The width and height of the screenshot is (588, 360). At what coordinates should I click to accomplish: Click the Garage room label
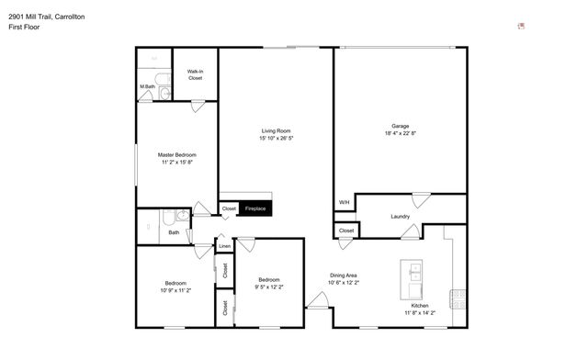point(400,126)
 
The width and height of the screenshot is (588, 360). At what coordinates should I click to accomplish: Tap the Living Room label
point(276,131)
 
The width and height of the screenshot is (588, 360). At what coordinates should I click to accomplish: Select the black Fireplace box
point(254,209)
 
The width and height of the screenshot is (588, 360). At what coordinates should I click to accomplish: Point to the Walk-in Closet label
point(195,74)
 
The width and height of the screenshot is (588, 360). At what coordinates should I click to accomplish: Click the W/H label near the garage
point(344,202)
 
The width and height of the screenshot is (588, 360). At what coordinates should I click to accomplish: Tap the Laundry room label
point(400,217)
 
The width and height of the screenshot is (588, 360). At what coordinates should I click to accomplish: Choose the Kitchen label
point(419,306)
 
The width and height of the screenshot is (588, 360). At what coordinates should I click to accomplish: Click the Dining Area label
point(344,275)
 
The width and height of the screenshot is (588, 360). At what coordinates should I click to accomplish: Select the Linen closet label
point(224,246)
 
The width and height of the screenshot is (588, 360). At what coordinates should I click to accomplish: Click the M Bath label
point(147,87)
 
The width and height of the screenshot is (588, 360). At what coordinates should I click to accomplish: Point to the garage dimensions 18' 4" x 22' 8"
point(400,133)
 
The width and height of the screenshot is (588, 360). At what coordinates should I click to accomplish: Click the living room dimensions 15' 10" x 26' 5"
point(276,139)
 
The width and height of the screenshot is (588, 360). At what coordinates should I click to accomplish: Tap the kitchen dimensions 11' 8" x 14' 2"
point(419,313)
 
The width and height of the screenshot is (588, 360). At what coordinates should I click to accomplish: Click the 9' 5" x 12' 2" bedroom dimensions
point(269,287)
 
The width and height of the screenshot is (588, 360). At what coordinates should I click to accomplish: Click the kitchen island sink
point(413,272)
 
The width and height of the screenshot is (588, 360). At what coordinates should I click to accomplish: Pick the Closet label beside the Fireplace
point(229,209)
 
